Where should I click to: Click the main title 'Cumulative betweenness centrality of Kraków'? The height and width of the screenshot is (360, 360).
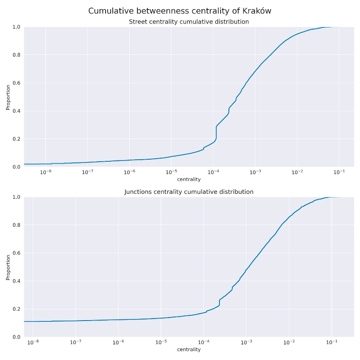pos(180,11)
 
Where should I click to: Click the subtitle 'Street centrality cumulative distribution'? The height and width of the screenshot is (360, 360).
pos(189,22)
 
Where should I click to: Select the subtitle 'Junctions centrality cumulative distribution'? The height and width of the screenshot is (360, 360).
pos(189,192)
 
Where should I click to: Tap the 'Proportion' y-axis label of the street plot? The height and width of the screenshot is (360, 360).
pos(8,97)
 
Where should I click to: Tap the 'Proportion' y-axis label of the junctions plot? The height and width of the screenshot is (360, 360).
pos(8,267)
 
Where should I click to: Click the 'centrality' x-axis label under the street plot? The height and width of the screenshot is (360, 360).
pos(189,179)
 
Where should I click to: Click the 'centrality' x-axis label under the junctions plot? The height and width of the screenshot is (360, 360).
pos(189,349)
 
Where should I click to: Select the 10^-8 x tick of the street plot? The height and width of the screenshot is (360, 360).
pos(45,172)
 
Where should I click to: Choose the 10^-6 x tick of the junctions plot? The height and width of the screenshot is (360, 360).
pos(118,342)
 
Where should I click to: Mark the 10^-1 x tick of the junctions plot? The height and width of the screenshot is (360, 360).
pos(331,342)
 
